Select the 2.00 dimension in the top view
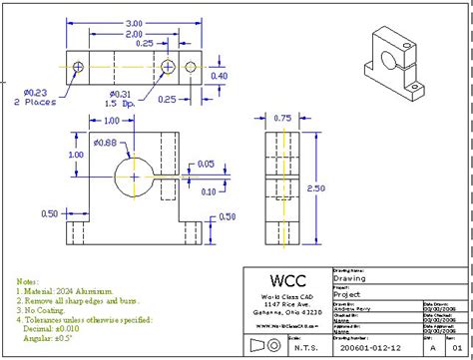pyautogui.click(x=134, y=34)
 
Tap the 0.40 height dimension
pyautogui.click(x=220, y=76)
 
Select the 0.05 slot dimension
pyautogui.click(x=206, y=164)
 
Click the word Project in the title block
pyautogui.click(x=348, y=294)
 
